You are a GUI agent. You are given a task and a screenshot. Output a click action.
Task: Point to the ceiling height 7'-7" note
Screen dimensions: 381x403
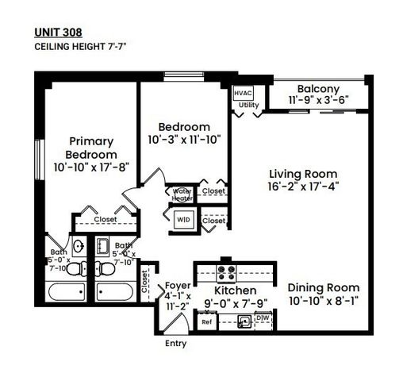79,47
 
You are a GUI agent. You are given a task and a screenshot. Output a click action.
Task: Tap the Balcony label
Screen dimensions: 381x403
318,89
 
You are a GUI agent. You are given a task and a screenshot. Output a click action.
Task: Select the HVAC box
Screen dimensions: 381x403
243,93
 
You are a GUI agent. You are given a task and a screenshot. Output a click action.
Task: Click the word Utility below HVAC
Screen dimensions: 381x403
248,105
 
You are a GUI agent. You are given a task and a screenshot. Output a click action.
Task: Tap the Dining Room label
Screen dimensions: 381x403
323,287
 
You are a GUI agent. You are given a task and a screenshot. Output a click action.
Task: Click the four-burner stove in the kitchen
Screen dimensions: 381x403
225,274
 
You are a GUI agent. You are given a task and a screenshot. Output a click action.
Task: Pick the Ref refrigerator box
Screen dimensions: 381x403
206,321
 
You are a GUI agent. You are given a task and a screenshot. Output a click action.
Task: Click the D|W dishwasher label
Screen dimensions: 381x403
263,320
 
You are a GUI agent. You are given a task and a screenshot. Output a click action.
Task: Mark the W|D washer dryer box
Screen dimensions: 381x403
183,220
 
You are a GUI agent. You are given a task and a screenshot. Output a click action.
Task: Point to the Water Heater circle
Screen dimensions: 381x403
182,194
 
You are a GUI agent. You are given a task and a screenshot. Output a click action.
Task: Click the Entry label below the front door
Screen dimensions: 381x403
175,344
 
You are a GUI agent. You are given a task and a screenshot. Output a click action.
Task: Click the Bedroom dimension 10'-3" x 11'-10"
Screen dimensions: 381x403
183,139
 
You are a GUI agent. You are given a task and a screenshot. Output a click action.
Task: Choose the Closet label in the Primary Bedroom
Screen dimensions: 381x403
106,220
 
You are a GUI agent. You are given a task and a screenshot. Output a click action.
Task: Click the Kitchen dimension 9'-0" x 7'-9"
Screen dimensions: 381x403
235,302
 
